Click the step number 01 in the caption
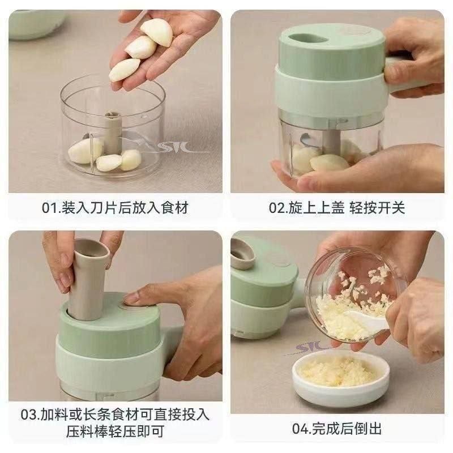pos(50,207)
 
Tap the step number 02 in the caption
pos(277,207)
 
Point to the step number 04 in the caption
pos(301,429)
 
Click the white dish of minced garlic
pos(341,378)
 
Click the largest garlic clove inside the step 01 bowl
pos(85,151)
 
